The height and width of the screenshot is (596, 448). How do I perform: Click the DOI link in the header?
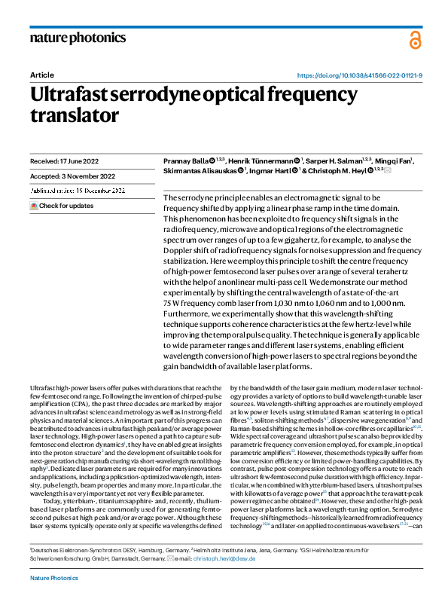(360, 75)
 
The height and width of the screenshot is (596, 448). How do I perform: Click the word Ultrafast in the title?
(73, 95)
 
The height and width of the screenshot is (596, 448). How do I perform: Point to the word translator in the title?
(75, 115)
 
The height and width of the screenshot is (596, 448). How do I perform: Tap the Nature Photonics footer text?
(54, 577)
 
